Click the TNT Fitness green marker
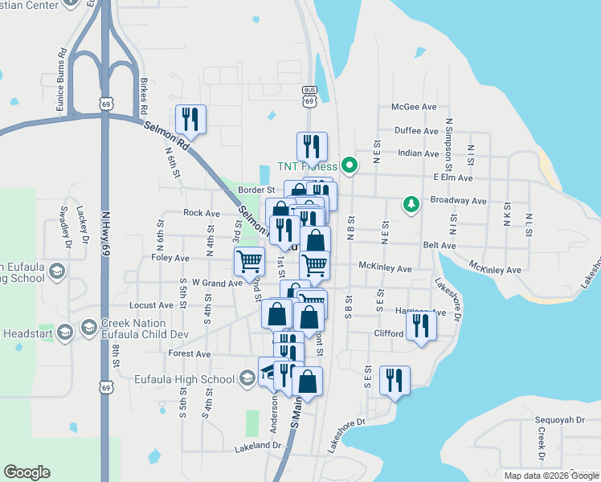pos(350,166)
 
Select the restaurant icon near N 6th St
pos(190,120)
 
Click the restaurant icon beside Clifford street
pos(420,325)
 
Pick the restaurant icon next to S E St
pos(394,381)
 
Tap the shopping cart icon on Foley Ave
pos(249,261)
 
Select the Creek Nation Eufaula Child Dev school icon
pos(88,329)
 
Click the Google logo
pos(27,472)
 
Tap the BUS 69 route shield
pos(309,96)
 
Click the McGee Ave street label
pos(414,107)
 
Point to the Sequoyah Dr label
pos(559,420)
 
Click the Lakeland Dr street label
pos(256,444)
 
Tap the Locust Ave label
pos(151,306)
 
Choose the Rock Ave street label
pos(201,214)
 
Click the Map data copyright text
pos(550,476)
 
